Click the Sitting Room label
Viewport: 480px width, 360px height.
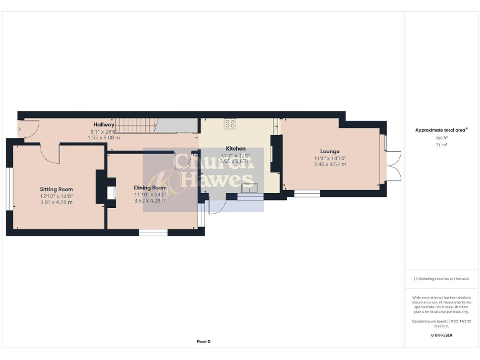coord(56,189)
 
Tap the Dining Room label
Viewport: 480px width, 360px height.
coord(150,187)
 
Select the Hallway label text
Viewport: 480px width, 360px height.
coord(104,125)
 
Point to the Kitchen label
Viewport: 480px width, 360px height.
coord(236,149)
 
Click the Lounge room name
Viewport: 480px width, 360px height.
coord(329,151)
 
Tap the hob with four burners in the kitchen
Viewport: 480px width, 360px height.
coord(230,123)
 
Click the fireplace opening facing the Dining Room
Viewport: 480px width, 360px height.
coord(111,192)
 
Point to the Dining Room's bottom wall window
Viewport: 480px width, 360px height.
coord(153,232)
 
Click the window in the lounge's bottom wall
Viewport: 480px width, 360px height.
coord(307,194)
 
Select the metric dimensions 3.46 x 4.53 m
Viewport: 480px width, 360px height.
coord(329,164)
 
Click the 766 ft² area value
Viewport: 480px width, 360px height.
coord(441,138)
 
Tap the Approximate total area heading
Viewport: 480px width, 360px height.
coord(441,130)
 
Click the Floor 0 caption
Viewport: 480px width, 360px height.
coord(203,342)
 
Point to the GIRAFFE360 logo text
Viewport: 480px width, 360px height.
coord(441,336)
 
